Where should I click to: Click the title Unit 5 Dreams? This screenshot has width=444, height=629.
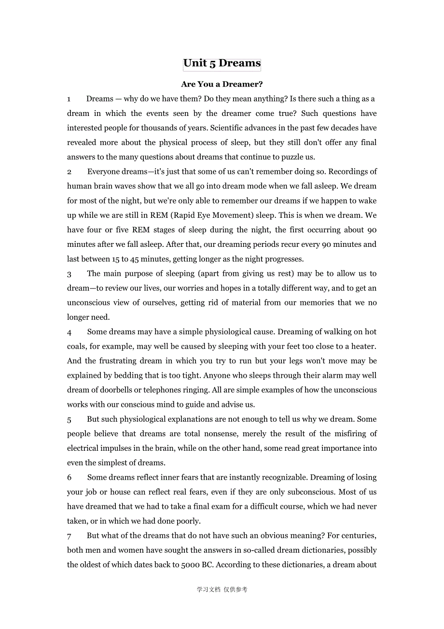pos(222,63)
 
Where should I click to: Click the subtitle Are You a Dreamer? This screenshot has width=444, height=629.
pos(222,84)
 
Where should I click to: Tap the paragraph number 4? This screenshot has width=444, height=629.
pos(69,332)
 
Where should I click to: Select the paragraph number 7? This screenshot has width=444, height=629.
pos(69,536)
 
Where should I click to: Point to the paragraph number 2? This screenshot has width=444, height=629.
pos(69,172)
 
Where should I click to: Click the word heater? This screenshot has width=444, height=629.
pos(363,346)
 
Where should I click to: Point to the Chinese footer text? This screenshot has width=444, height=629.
pos(222,589)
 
